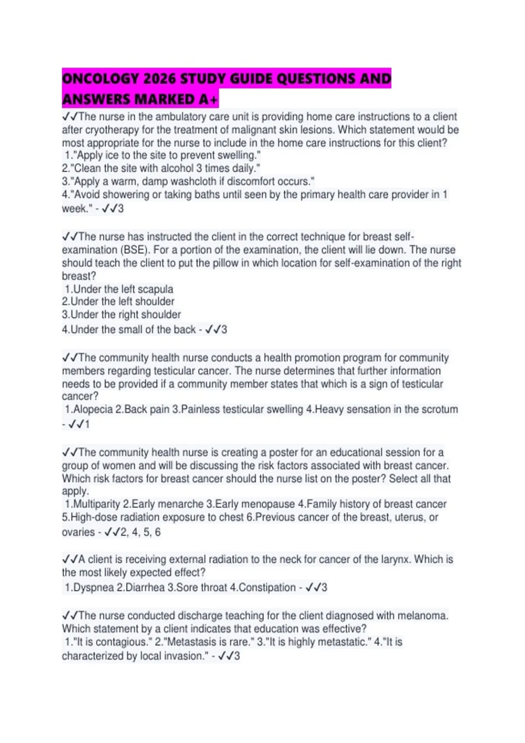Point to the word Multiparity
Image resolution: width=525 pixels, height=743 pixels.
point(96,504)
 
